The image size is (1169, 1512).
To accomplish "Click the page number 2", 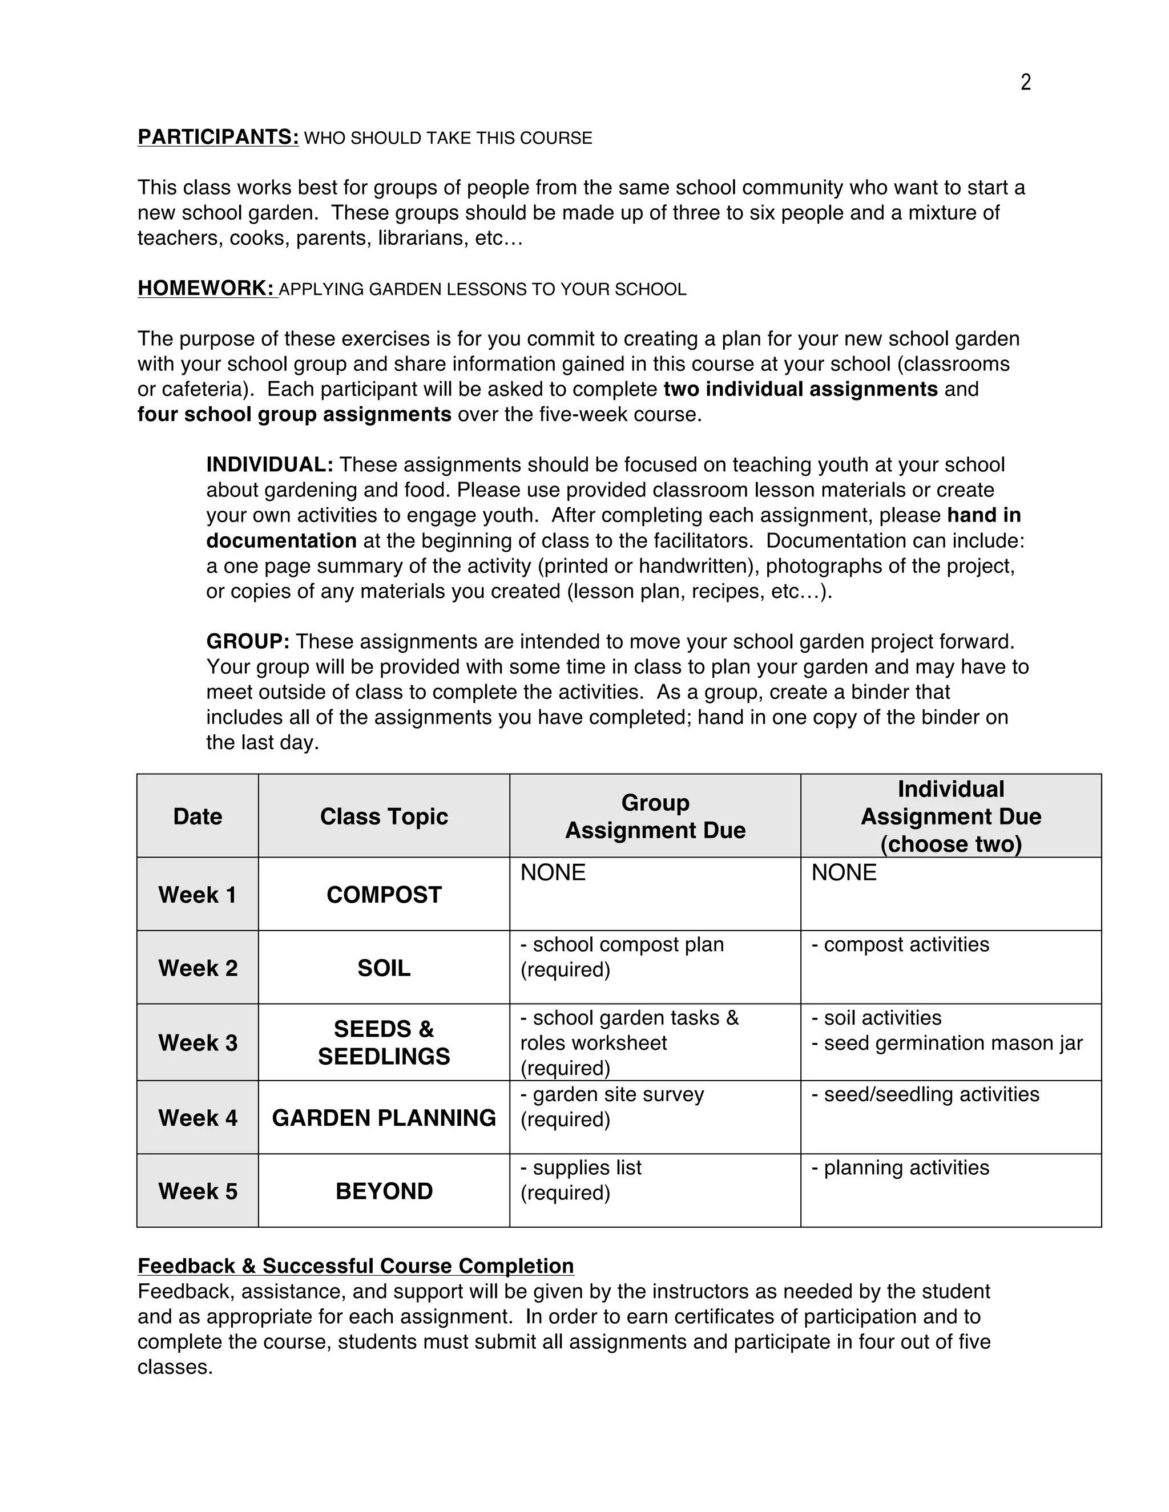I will tap(1026, 82).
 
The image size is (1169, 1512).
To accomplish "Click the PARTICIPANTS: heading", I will tap(217, 137).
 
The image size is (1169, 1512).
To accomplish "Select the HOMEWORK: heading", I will tap(207, 288).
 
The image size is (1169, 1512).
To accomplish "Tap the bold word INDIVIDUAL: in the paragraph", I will tap(269, 464).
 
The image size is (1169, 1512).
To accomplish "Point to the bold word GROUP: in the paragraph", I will tap(247, 641).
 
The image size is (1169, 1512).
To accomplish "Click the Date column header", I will tap(197, 816).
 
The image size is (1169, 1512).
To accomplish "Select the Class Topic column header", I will tap(384, 816).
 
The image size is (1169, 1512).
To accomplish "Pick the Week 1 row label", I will tap(197, 895).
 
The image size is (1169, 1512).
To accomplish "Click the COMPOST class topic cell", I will tap(384, 895).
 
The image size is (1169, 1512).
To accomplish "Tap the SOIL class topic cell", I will tap(384, 968).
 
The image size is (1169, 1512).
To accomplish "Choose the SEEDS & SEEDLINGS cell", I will tap(384, 1042).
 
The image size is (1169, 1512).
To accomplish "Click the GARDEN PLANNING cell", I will tap(384, 1117).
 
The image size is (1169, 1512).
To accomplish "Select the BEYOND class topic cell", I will tap(384, 1191).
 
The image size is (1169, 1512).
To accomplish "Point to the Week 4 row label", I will tap(197, 1117).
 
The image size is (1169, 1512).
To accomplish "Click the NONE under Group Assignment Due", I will tap(553, 872).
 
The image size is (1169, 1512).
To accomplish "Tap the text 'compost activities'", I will tap(906, 944).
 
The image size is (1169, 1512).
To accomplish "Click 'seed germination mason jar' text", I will tap(952, 1042).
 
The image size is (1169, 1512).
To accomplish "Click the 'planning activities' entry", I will tap(906, 1167).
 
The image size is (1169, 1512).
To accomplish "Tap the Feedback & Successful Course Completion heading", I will tap(355, 1266).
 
